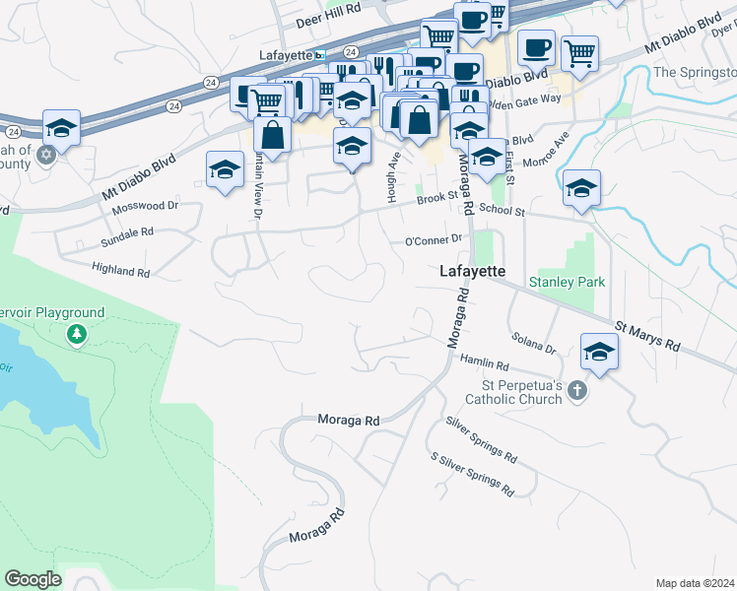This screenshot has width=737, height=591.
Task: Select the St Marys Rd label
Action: point(647,336)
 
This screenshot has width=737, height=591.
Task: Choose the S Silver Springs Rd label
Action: point(473,473)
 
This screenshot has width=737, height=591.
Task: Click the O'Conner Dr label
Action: point(434,240)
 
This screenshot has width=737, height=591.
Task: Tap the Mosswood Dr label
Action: point(145,206)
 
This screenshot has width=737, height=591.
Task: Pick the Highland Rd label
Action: point(120,269)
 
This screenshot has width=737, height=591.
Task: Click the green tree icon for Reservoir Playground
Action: point(76,336)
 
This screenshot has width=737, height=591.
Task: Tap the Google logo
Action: point(33,579)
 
